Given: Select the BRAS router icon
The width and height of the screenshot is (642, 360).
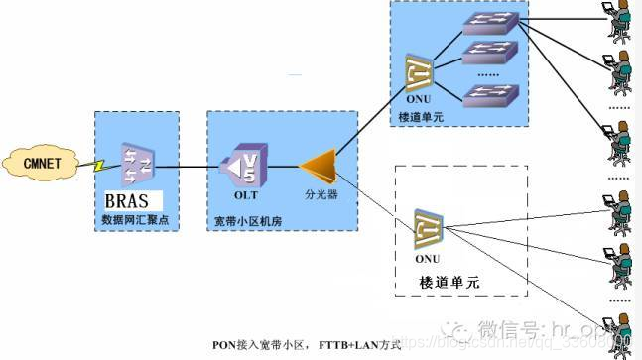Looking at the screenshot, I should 137,165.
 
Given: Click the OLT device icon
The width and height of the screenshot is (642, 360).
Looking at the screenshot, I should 244,165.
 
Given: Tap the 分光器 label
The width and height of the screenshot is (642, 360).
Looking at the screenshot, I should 321,195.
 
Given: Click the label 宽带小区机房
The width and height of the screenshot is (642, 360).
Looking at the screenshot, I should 249,220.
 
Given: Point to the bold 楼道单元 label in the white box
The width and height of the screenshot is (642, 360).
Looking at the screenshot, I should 450,283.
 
